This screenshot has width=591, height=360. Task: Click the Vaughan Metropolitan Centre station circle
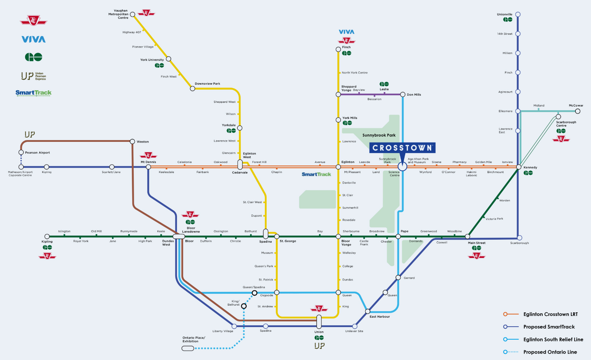click(133, 15)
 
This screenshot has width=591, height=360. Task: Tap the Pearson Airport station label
click(37, 153)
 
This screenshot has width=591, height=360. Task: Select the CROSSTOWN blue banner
click(402, 148)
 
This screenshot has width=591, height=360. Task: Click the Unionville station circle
click(518, 15)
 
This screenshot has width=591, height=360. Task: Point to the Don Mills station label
click(414, 95)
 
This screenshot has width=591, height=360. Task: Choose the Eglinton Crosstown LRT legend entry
click(550, 314)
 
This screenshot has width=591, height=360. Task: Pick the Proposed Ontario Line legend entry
click(550, 352)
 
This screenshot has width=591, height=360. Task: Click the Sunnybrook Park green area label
click(379, 135)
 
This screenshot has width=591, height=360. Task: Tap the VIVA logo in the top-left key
click(33, 39)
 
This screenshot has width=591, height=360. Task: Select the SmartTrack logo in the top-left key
click(33, 93)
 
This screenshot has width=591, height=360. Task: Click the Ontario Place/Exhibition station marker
click(188, 348)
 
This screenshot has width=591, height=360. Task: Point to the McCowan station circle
click(577, 111)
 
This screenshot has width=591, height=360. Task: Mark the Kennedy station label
click(530, 167)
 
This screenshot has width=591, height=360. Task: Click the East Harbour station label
click(380, 317)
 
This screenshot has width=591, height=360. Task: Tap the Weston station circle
click(132, 141)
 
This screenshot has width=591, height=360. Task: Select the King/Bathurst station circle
click(244, 306)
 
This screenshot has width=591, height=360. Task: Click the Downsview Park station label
click(207, 83)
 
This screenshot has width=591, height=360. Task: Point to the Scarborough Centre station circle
click(558, 117)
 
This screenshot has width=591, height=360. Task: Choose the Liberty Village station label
click(223, 331)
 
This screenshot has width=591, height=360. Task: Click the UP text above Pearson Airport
click(30, 134)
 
